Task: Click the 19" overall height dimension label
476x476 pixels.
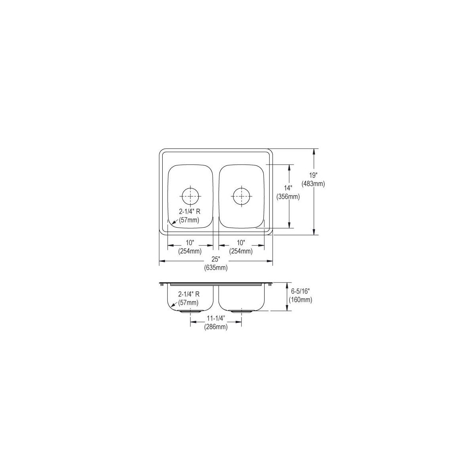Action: point(313,176)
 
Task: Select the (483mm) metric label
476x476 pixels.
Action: point(313,184)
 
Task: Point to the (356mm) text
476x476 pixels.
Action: point(288,196)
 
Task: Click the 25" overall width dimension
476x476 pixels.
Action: point(216,259)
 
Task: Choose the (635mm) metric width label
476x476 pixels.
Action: point(216,268)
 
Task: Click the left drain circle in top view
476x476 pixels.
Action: point(190,196)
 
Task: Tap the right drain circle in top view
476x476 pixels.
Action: point(241,196)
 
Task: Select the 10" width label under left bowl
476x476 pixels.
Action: point(190,242)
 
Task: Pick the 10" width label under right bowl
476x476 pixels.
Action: point(241,242)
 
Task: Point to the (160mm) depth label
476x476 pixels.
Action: point(300,300)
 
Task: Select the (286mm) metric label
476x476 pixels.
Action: point(216,327)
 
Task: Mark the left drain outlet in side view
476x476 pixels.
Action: point(190,311)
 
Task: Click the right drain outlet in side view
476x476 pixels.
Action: point(241,311)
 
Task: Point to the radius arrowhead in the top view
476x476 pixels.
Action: point(169,225)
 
